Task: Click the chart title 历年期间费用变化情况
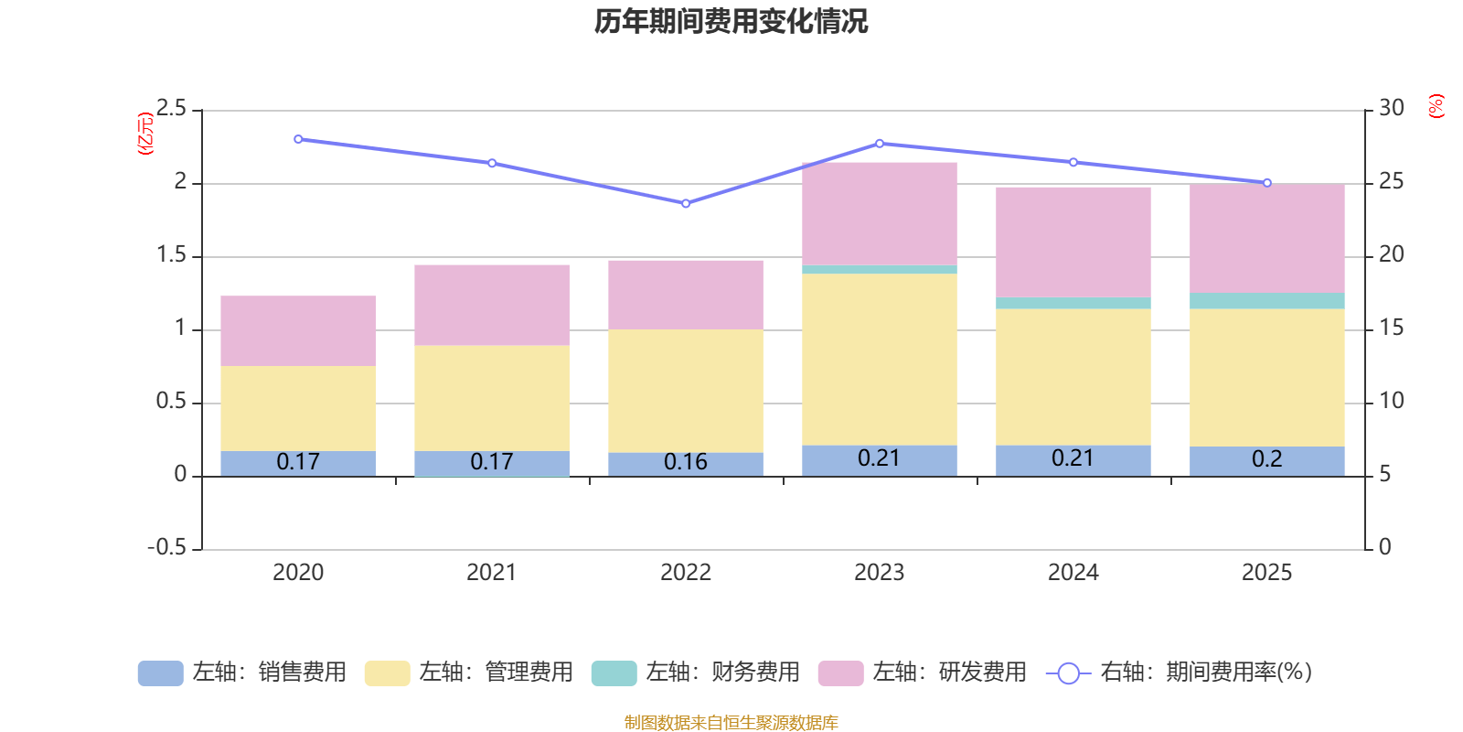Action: (731, 22)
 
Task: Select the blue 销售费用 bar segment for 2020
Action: (298, 463)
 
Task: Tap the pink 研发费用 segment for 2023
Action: (879, 214)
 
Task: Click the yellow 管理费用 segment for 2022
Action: (686, 391)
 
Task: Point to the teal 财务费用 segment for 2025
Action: (1267, 301)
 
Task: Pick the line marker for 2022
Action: (686, 204)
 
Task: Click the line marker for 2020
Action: (298, 139)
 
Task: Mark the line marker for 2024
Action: (1073, 162)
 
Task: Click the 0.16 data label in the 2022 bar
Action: (685, 462)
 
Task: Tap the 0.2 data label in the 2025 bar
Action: (1267, 458)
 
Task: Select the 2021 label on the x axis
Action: (491, 573)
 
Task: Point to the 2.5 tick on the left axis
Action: (171, 108)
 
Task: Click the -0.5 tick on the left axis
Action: (166, 547)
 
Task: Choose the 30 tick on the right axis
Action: (1391, 108)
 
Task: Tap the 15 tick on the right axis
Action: (1391, 328)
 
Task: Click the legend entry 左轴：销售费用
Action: (242, 673)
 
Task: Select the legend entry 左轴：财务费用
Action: (696, 673)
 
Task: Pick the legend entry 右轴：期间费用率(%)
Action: (1179, 673)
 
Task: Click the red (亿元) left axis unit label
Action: (145, 134)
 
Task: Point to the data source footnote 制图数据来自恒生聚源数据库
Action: (731, 722)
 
